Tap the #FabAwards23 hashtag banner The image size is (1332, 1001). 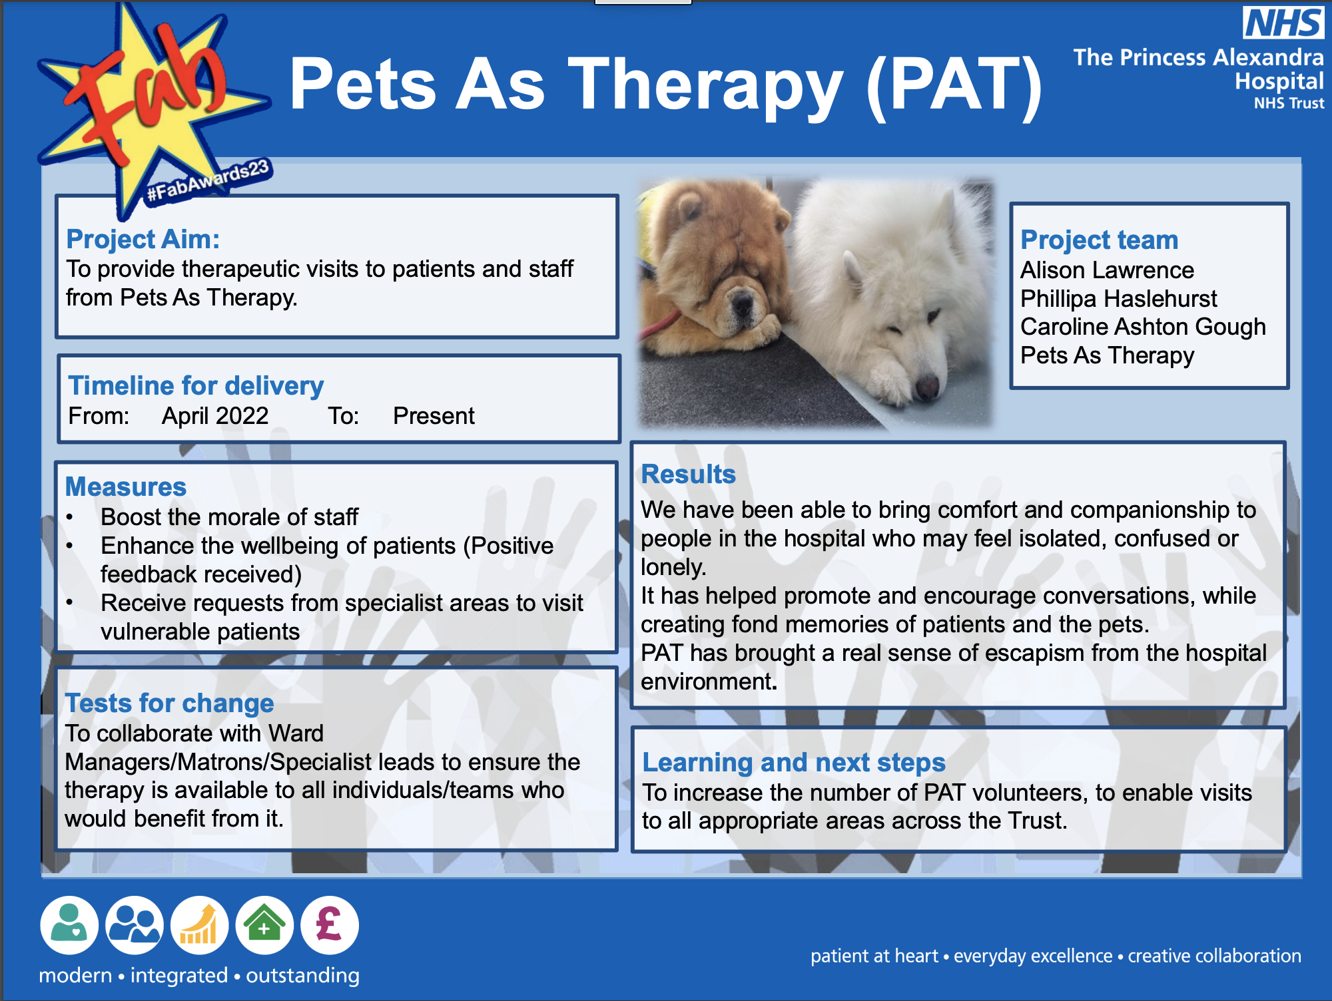coord(208,180)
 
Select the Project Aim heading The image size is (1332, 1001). coord(143,239)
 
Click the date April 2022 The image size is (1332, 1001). coord(215,416)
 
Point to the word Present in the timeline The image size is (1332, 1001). coord(434,416)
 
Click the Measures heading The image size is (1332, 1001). coord(126,487)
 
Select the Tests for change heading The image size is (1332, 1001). coord(169,703)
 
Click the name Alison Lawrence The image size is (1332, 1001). coord(1107,270)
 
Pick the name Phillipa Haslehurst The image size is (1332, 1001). coord(1118,299)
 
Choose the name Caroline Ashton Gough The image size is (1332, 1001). coord(1143,327)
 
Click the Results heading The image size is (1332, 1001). coord(688,474)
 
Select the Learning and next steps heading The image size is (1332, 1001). coord(793,762)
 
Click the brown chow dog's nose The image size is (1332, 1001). coord(741,305)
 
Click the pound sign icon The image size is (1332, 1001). coord(329,925)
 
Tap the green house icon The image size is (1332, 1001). coord(264,925)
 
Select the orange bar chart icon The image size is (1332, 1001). coord(199,925)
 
